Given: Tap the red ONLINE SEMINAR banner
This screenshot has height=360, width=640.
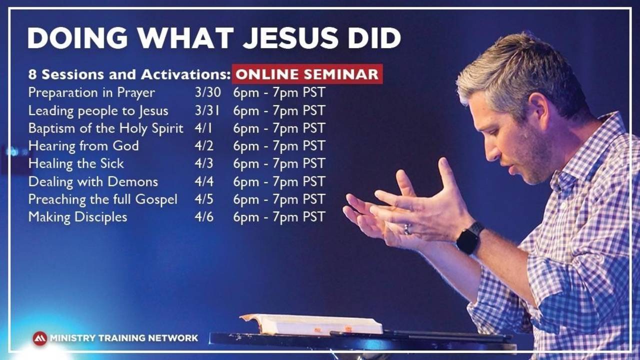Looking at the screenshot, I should pyautogui.click(x=307, y=74).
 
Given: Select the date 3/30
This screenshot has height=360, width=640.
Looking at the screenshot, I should pyautogui.click(x=207, y=92).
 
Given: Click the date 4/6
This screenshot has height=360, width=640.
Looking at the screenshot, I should pyautogui.click(x=204, y=217).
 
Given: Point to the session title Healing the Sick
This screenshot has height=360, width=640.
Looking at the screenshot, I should pyautogui.click(x=76, y=163).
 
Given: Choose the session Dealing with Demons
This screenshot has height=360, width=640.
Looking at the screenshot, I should pyautogui.click(x=93, y=181).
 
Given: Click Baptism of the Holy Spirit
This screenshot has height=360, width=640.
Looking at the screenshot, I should pyautogui.click(x=105, y=128).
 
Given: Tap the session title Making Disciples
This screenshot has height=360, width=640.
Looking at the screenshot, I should pyautogui.click(x=77, y=217).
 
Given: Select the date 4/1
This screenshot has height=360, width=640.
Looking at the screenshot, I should pyautogui.click(x=203, y=128).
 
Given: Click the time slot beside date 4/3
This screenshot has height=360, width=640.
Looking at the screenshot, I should pyautogui.click(x=279, y=163).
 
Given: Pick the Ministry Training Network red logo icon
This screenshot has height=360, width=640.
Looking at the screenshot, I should pyautogui.click(x=39, y=338).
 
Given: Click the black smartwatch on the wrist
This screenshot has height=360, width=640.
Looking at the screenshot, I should pyautogui.click(x=469, y=239).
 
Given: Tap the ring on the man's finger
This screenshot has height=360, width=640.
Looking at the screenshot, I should pyautogui.click(x=407, y=229).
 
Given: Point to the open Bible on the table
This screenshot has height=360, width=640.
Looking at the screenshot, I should pyautogui.click(x=311, y=324).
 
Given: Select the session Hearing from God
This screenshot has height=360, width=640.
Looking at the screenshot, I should pyautogui.click(x=83, y=146).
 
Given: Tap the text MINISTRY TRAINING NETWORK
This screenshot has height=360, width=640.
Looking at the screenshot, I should pyautogui.click(x=123, y=338).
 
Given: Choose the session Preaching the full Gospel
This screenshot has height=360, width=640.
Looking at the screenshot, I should pyautogui.click(x=102, y=199).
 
